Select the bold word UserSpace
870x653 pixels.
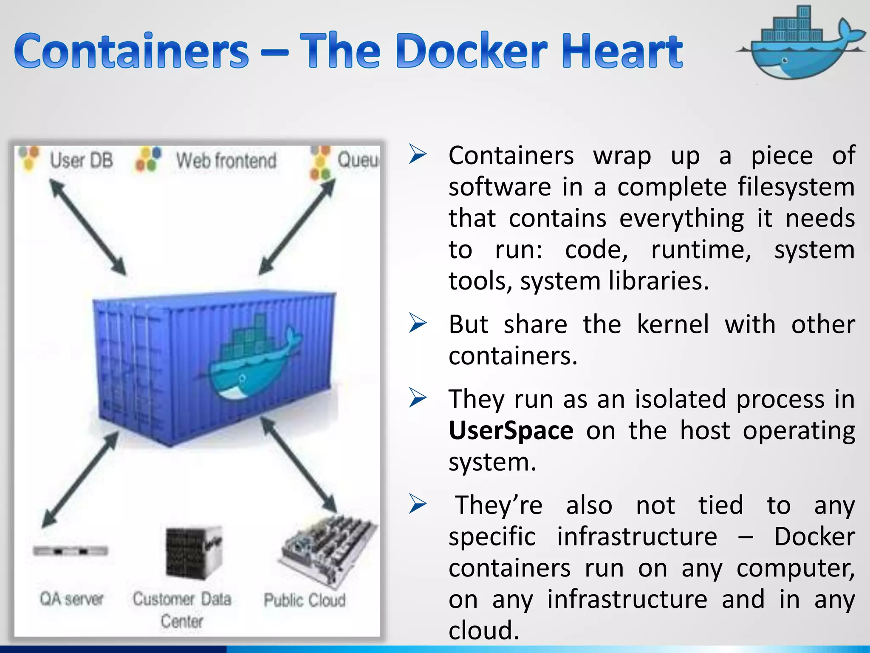[x=511, y=430]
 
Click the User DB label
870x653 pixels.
[x=81, y=161]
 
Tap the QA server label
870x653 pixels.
[x=71, y=599]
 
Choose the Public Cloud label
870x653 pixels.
[x=305, y=600]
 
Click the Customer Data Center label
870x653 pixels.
[x=182, y=610]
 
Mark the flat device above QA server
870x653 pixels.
[x=71, y=551]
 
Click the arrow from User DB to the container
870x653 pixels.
[x=88, y=227]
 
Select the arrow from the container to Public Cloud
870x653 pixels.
[x=299, y=464]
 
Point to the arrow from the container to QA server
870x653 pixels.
[x=80, y=479]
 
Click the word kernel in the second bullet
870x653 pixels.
[x=673, y=324]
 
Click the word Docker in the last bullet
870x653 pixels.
[x=814, y=537]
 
